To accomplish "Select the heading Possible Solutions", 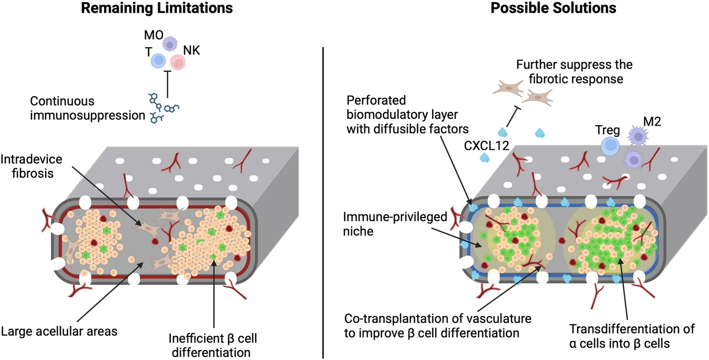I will (554, 9).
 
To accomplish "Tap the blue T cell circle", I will (159, 61).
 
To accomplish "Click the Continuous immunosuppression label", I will (88, 107).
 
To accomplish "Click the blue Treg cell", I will (609, 147).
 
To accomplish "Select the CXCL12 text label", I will (486, 147).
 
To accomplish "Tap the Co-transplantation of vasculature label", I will (438, 325).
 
